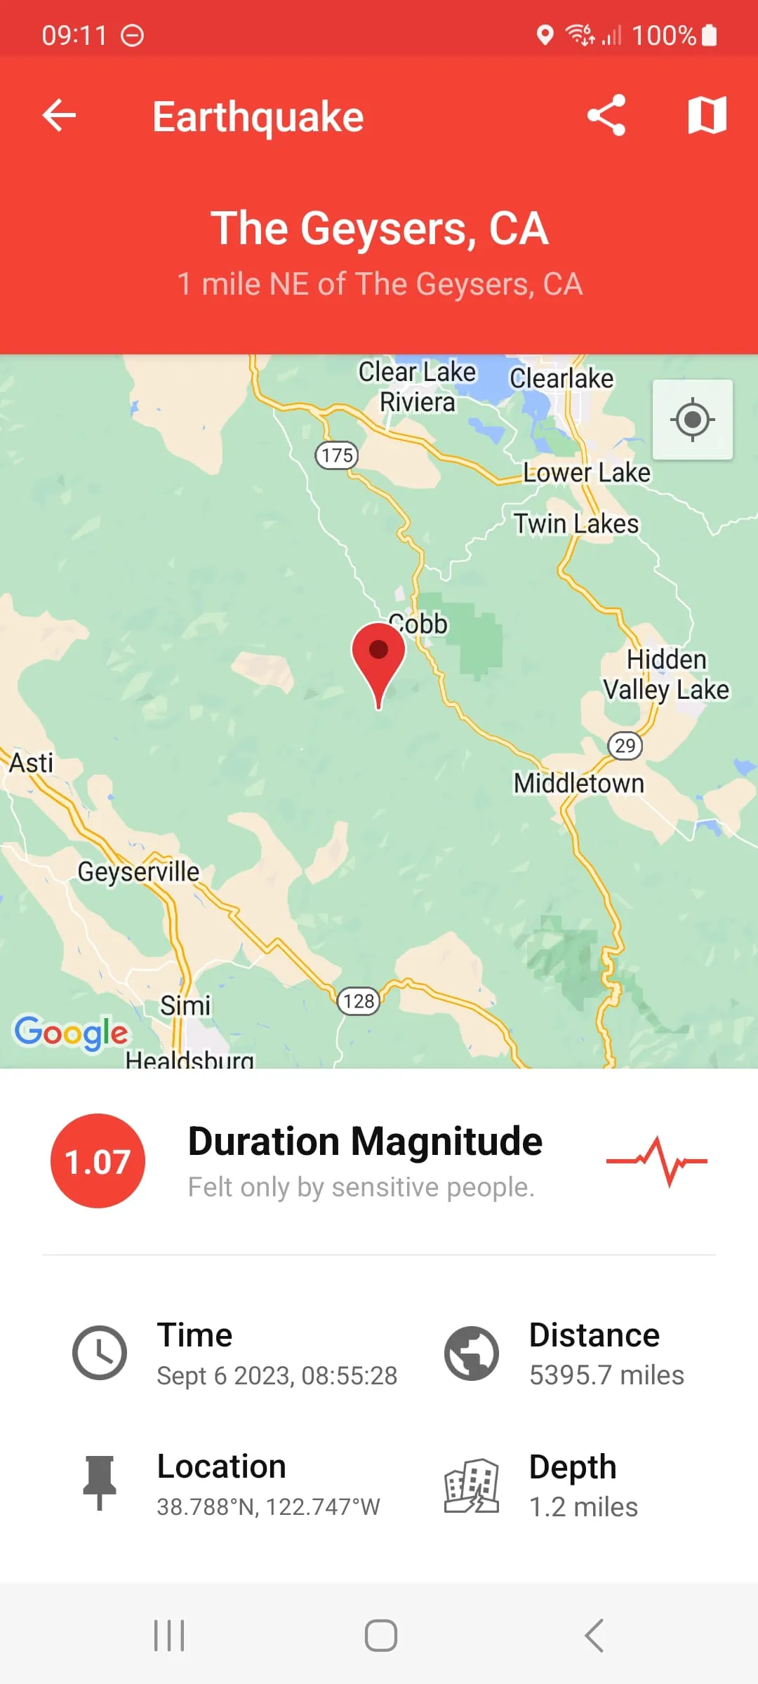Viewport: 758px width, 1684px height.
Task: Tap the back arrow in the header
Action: click(59, 115)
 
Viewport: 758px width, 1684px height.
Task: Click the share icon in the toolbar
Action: click(606, 115)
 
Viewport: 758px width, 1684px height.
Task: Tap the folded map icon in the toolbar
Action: click(707, 115)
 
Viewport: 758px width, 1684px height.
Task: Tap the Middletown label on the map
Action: click(578, 783)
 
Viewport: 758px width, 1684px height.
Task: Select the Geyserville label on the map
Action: click(138, 871)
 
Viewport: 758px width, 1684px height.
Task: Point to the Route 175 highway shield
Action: click(337, 455)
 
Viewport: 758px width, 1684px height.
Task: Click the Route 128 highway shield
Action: click(359, 1001)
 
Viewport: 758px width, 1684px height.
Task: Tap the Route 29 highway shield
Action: click(625, 745)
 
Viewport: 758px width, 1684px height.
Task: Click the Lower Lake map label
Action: click(587, 473)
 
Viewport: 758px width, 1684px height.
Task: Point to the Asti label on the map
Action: click(31, 763)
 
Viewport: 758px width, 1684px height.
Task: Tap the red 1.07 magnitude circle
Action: click(98, 1161)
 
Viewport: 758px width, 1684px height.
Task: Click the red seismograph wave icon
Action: click(657, 1161)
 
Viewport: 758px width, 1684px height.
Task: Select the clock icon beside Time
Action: click(100, 1353)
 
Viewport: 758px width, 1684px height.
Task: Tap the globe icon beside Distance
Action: click(471, 1353)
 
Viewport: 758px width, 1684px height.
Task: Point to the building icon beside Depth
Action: click(471, 1485)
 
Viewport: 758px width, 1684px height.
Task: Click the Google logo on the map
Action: click(71, 1033)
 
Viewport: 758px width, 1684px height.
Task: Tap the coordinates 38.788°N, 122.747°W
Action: click(268, 1506)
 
